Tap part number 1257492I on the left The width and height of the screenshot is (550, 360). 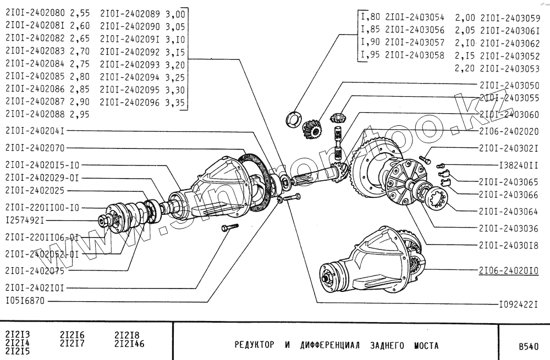click(25, 220)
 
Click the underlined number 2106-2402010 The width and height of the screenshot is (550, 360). click(509, 270)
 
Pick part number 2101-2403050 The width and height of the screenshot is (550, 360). click(509, 86)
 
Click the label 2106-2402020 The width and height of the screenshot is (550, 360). click(509, 132)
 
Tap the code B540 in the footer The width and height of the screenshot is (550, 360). click(523, 347)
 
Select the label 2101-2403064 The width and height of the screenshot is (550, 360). click(509, 210)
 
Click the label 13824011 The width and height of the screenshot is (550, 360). click(518, 164)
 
